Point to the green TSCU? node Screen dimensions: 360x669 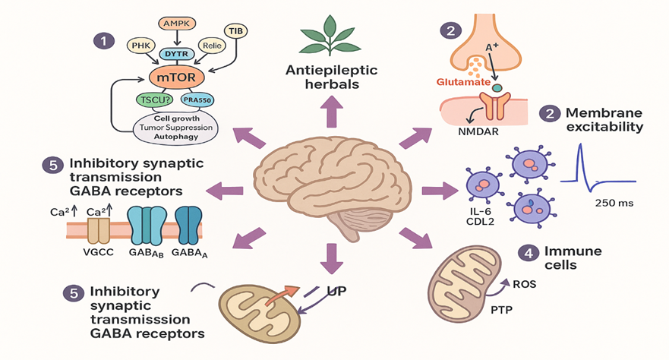(153, 99)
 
